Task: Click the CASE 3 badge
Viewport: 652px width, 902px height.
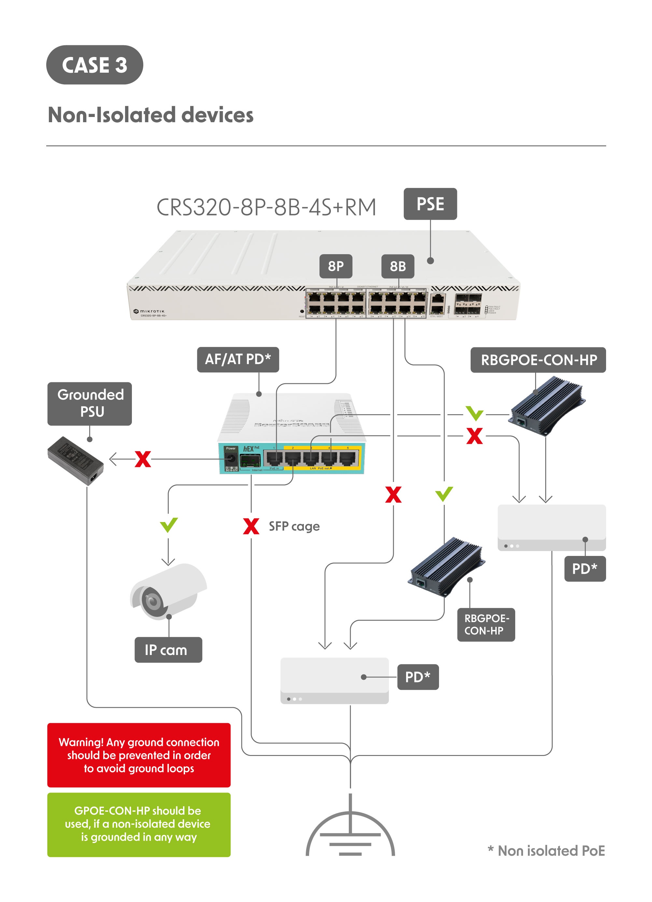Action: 95,65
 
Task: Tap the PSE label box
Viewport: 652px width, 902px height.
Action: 430,204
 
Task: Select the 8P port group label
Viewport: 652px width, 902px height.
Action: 335,266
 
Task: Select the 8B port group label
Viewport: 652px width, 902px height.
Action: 398,266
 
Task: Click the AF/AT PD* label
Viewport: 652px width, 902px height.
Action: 238,359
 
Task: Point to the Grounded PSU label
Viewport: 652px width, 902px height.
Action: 90,403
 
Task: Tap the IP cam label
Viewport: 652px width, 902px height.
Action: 168,650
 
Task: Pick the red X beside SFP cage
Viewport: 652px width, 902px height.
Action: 251,526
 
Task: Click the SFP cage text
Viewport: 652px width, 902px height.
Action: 294,526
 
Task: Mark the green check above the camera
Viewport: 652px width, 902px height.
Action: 169,525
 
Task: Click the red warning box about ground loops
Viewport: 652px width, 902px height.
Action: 139,755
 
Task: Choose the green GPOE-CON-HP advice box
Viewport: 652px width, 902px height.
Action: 139,824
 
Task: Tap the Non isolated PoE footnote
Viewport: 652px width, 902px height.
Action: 546,851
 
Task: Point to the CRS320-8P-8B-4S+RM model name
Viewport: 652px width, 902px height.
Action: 266,207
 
